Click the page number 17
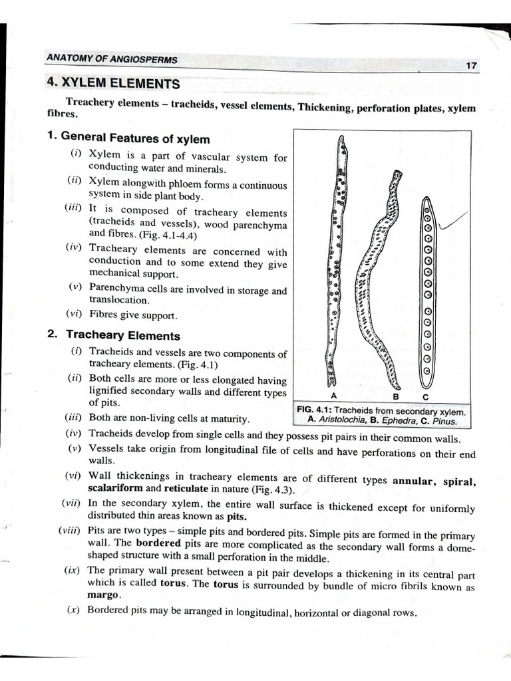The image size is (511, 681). pos(471,66)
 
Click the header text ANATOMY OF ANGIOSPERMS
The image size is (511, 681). pos(112,59)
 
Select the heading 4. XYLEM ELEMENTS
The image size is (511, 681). pos(113,84)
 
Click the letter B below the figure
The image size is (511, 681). pos(395,397)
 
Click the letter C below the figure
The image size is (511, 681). pos(426,397)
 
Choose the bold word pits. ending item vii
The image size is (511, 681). pos(236,517)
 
